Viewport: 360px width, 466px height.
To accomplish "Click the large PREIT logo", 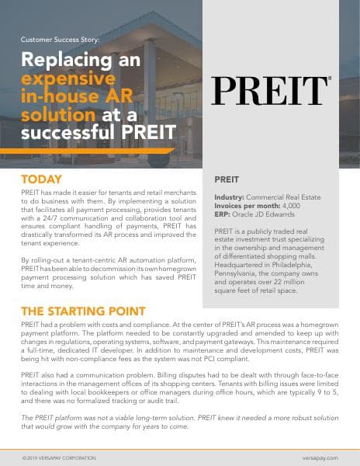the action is coord(271,91).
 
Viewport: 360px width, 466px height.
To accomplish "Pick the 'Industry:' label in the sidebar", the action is coord(230,198).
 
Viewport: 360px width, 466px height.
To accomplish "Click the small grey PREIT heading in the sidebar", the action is coord(227,179).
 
